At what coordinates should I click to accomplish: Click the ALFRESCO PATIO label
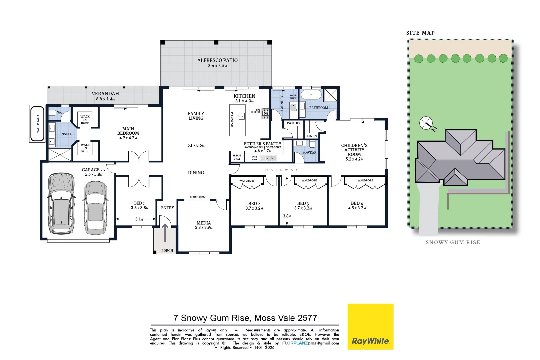click(x=217, y=60)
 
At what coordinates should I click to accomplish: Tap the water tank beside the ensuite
click(x=37, y=124)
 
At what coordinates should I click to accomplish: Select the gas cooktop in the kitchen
click(x=266, y=113)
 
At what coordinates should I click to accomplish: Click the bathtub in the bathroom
click(x=311, y=95)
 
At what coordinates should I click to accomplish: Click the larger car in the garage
click(x=61, y=203)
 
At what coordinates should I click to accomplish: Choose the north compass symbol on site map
click(x=426, y=123)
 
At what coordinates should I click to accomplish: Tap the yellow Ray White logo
click(x=370, y=327)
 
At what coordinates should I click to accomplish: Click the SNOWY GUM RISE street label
click(x=453, y=242)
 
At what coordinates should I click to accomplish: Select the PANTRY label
click(x=293, y=123)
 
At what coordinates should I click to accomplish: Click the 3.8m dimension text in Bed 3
click(x=287, y=216)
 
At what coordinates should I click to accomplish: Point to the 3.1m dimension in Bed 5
click(x=139, y=219)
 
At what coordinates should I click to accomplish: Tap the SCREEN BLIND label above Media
click(x=198, y=197)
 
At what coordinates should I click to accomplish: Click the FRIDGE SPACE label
click(x=237, y=157)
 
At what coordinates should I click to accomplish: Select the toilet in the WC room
click(x=52, y=113)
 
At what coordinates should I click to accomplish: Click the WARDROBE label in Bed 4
click(x=365, y=180)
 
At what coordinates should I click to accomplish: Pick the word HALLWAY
click(x=282, y=170)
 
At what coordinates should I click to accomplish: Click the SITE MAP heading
click(x=420, y=33)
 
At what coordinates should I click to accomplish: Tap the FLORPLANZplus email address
click(x=310, y=343)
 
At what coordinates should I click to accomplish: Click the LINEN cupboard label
click(x=312, y=136)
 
